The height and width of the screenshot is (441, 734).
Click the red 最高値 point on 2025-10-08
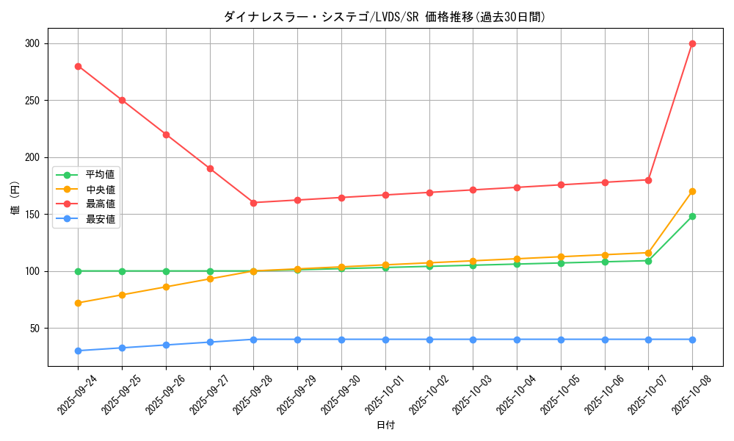(692, 43)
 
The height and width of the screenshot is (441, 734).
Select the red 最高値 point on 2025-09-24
(78, 66)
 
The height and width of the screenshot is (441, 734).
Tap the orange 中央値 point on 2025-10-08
(692, 191)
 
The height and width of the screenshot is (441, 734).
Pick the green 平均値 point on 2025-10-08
(692, 216)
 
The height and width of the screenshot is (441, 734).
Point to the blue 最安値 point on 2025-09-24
(78, 351)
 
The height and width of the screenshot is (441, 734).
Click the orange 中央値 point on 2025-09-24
(78, 303)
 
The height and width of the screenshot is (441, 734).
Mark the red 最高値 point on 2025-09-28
(253, 203)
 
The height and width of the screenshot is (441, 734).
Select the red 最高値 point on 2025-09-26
(166, 135)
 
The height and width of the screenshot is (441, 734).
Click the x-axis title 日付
(385, 426)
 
